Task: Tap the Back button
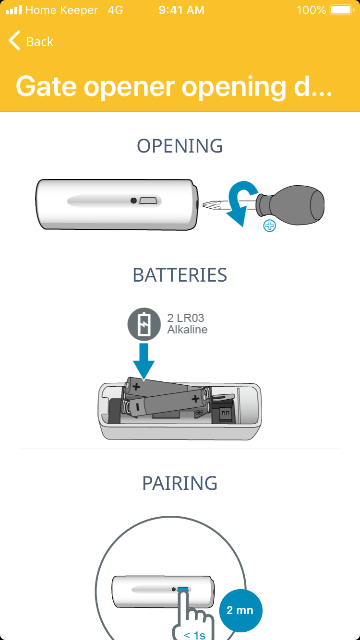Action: pyautogui.click(x=31, y=41)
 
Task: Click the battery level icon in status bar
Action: pyautogui.click(x=342, y=10)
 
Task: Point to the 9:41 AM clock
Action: pyautogui.click(x=181, y=10)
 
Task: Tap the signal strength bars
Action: pyautogui.click(x=14, y=10)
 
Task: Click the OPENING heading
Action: pyautogui.click(x=180, y=146)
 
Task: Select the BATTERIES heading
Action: pyautogui.click(x=180, y=275)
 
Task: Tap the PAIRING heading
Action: pyautogui.click(x=180, y=483)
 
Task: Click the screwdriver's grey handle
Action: pyautogui.click(x=290, y=204)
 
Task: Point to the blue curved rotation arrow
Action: pyautogui.click(x=240, y=200)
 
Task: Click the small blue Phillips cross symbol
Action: pyautogui.click(x=269, y=225)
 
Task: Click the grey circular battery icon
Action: pyautogui.click(x=144, y=324)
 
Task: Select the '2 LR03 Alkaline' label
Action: pyautogui.click(x=187, y=324)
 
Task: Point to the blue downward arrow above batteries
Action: pyautogui.click(x=144, y=361)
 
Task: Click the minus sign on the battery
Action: pyautogui.click(x=138, y=406)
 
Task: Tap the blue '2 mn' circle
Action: pyautogui.click(x=240, y=610)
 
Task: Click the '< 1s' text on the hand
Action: pyautogui.click(x=194, y=635)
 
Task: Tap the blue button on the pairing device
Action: pyautogui.click(x=183, y=590)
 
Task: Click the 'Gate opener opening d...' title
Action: pyautogui.click(x=174, y=86)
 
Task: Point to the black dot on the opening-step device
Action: pyautogui.click(x=133, y=201)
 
